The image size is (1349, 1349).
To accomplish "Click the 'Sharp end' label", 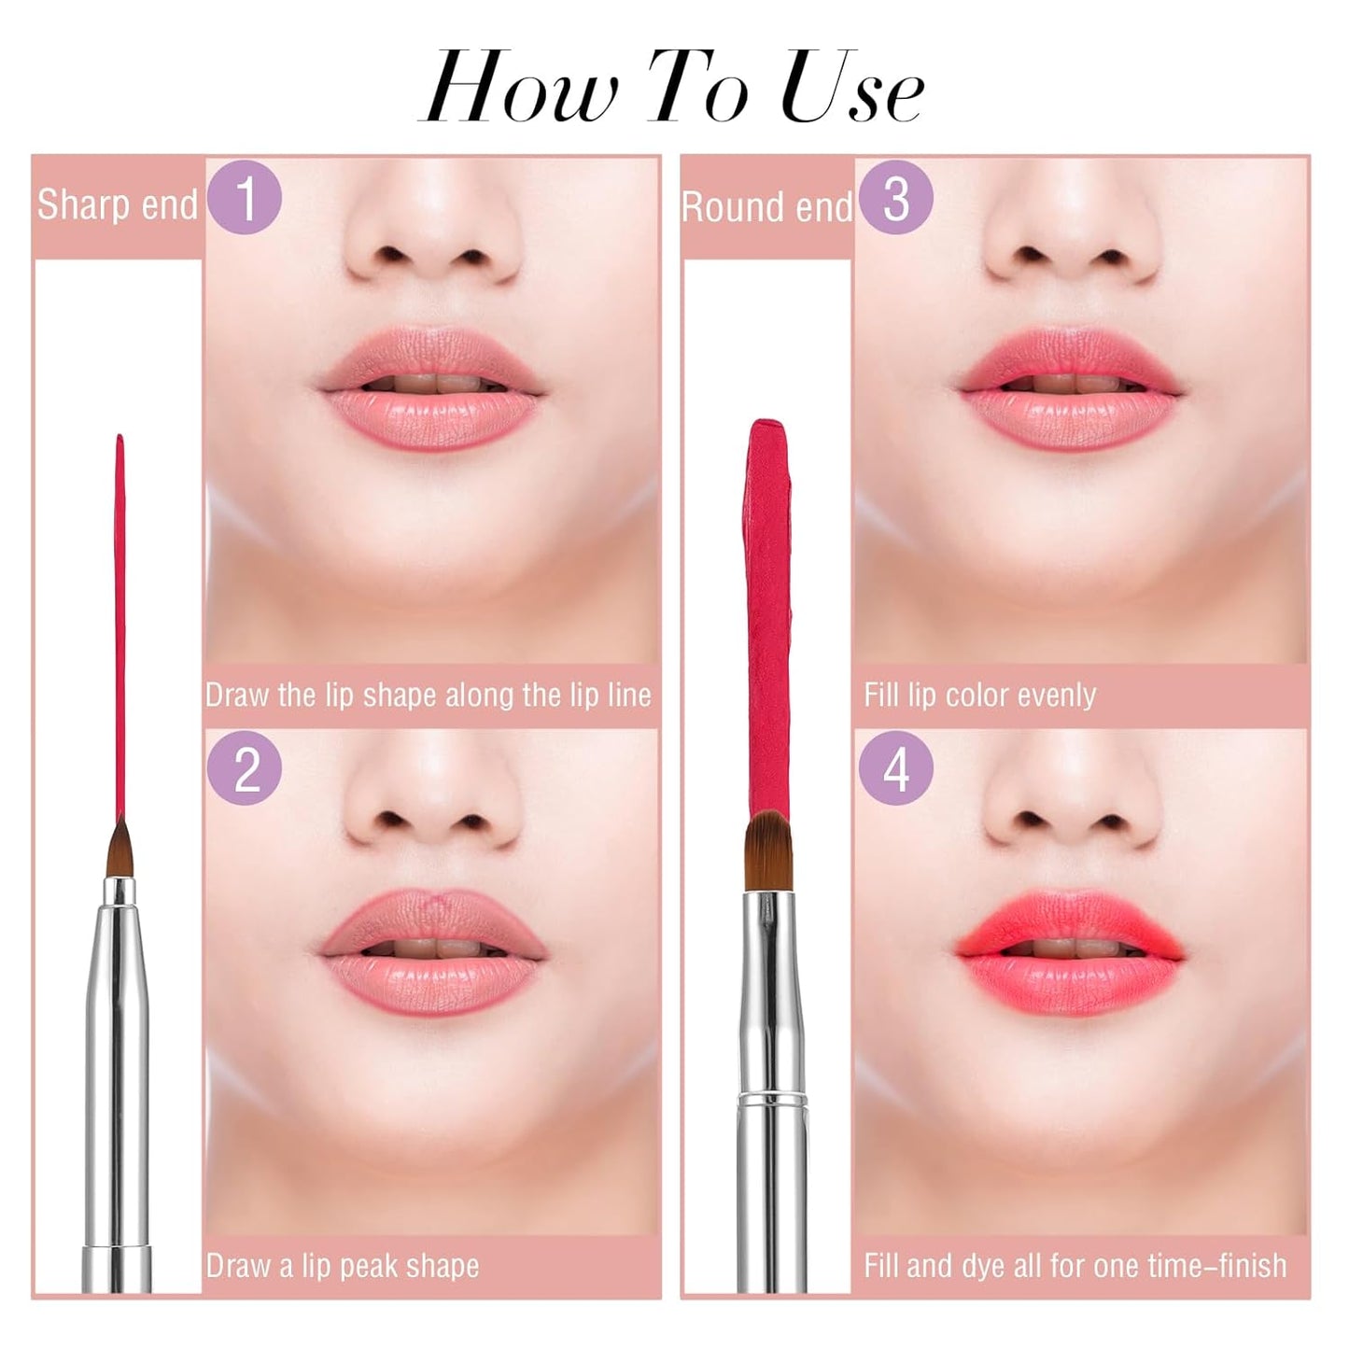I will coord(117,204).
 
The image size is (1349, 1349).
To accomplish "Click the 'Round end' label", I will coord(767,206).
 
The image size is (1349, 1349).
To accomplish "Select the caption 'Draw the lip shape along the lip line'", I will coord(428,696).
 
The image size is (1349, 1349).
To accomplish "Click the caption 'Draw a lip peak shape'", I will coord(343,1266).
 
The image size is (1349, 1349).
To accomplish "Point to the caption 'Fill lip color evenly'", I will coord(979,696).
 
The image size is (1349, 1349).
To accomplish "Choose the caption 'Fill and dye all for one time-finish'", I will coord(1075,1266).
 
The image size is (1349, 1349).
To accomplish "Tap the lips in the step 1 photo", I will coord(430,387).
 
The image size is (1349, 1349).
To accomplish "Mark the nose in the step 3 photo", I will coord(1072,243).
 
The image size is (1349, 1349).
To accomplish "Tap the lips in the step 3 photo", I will coord(1071,387).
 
